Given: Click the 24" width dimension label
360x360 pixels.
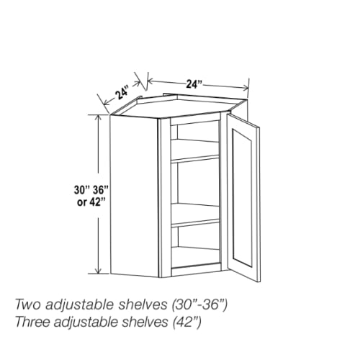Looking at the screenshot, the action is coord(194,84).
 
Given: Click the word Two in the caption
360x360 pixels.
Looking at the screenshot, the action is coord(29,305).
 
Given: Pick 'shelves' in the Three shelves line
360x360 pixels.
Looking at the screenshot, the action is coord(145,322).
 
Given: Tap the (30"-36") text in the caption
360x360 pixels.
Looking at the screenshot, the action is coord(199,305).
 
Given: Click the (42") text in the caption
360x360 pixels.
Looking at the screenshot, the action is coord(187,322).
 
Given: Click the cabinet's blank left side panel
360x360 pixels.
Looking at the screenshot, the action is coord(134,197).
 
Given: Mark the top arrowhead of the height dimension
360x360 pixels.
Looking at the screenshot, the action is coord(98,118).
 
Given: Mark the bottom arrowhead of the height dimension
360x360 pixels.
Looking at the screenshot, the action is coord(98,270).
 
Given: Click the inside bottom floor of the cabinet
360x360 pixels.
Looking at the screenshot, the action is coord(196,257).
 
